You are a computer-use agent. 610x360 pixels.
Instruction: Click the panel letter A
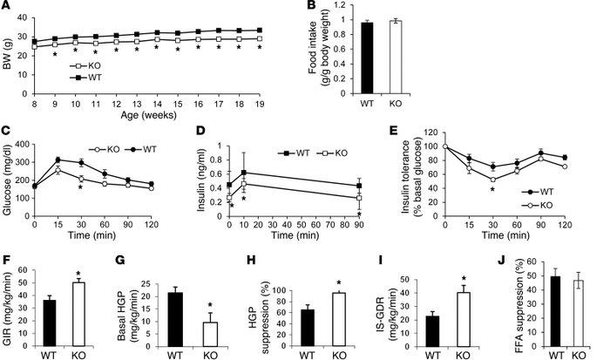click(8, 8)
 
